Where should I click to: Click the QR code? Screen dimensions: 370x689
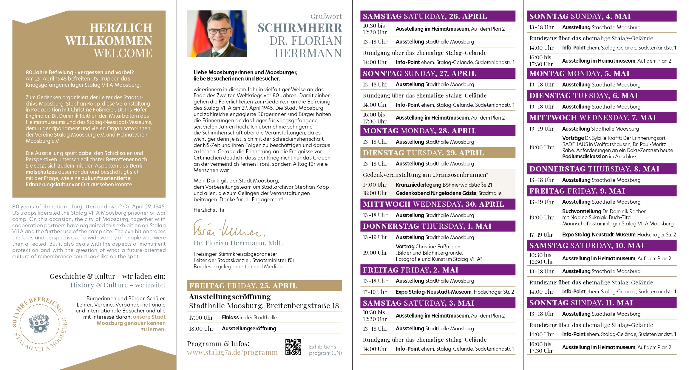pos(293,347)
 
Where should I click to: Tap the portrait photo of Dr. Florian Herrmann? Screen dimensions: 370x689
pos(217,34)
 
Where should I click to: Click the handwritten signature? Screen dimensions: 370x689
pos(228,228)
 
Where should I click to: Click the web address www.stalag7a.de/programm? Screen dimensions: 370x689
pos(232,352)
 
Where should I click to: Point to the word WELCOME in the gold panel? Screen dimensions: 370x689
pos(123,53)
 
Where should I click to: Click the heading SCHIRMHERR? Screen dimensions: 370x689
pos(299,28)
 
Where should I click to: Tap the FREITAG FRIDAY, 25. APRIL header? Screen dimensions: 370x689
pos(243,286)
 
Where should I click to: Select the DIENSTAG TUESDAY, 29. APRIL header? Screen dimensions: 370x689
pos(423,153)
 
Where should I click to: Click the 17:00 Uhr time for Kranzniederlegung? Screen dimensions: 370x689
pos(375,185)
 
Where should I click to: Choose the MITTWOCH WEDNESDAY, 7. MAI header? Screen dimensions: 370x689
pos(592,117)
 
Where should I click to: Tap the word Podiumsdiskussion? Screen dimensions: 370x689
pos(585,157)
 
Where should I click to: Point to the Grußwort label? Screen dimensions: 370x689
pos(326,16)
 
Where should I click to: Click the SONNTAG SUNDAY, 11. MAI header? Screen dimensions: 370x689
pos(581,303)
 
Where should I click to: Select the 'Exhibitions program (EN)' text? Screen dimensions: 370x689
pos(325,350)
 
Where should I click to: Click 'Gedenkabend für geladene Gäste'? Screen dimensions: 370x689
pos(436,193)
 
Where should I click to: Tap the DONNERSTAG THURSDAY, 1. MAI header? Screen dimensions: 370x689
pos(427,226)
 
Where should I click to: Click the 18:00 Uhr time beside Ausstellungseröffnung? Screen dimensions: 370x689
pos(201,329)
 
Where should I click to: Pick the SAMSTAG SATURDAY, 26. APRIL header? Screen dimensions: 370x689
pos(425,16)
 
